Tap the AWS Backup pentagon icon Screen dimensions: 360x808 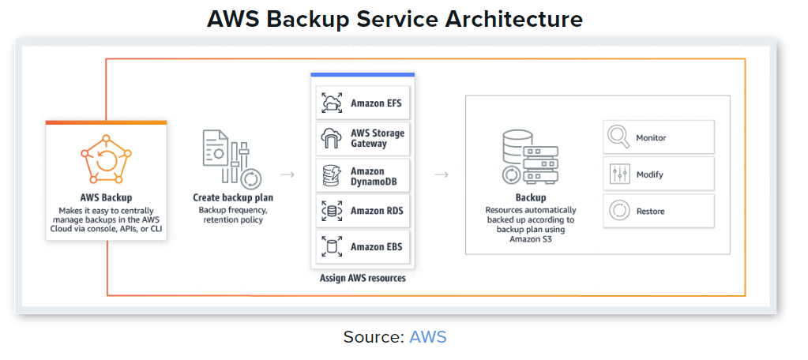pos(106,160)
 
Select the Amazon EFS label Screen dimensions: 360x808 pos(377,103)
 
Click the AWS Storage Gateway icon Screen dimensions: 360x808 pos(330,139)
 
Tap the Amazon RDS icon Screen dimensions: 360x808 pos(330,211)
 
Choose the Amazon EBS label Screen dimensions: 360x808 pos(377,247)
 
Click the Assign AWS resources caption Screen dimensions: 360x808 pos(362,278)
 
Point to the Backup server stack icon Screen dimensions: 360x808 pos(530,159)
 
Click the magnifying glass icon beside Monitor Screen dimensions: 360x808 pos(618,137)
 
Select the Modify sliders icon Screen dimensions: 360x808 pos(618,174)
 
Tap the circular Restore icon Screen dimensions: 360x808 pos(618,211)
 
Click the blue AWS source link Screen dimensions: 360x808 pos(427,337)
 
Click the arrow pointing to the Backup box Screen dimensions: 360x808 pos(442,174)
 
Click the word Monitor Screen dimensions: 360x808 pos(651,138)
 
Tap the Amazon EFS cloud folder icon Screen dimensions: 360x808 pos(330,103)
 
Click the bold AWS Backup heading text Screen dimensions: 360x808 pos(106,197)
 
